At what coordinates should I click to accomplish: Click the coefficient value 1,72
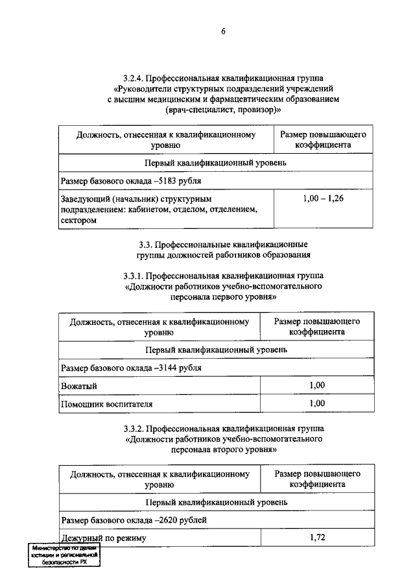(316, 538)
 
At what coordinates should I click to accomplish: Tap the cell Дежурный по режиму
(104, 538)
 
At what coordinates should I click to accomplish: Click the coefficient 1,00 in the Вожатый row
(316, 385)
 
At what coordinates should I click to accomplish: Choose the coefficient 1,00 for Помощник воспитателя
(316, 403)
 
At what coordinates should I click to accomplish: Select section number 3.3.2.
(134, 429)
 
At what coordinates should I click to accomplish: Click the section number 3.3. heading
(147, 245)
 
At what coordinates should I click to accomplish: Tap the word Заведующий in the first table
(84, 199)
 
